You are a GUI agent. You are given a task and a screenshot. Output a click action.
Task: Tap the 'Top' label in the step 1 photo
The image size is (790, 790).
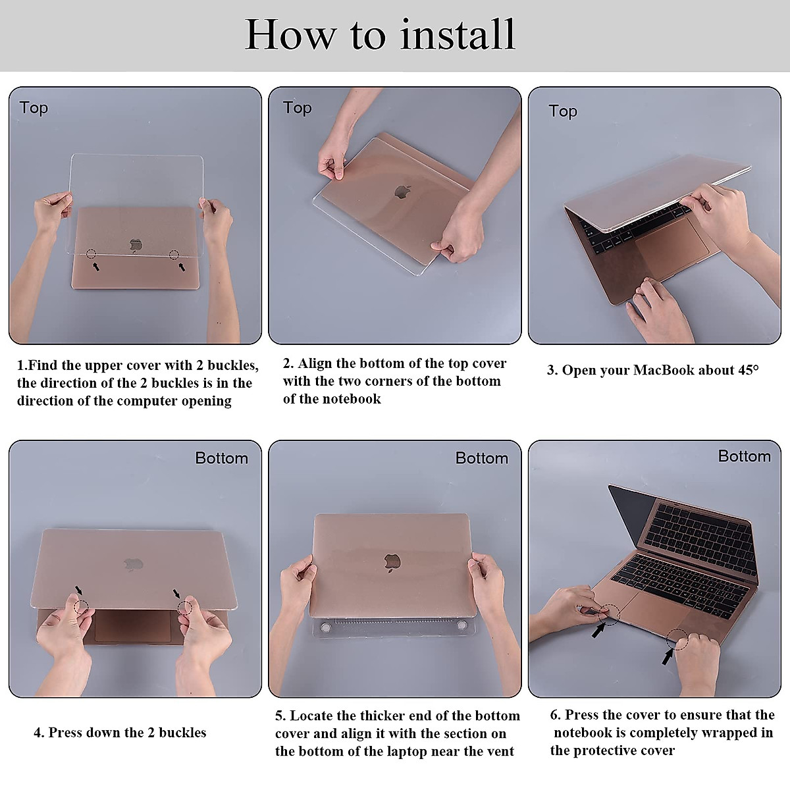pos(34,108)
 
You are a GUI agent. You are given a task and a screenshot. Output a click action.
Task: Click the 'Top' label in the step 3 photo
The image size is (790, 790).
pos(563,111)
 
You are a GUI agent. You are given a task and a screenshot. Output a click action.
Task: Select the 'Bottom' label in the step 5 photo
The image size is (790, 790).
pos(482,458)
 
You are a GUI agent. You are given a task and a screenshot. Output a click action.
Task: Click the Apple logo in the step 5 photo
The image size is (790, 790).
pos(392,563)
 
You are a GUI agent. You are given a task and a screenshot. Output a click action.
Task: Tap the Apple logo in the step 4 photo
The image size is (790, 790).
pos(133,565)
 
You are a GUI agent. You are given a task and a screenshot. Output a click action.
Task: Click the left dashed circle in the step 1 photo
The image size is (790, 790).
pos(91,254)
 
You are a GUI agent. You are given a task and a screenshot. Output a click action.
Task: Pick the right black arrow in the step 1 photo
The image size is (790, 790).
pos(181,267)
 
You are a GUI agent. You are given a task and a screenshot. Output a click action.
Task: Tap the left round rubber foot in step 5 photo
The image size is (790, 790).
pos(326,627)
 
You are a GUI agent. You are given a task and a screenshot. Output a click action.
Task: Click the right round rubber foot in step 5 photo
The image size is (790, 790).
pos(462,625)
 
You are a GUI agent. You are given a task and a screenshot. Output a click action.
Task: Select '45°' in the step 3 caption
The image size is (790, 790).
pos(748,370)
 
